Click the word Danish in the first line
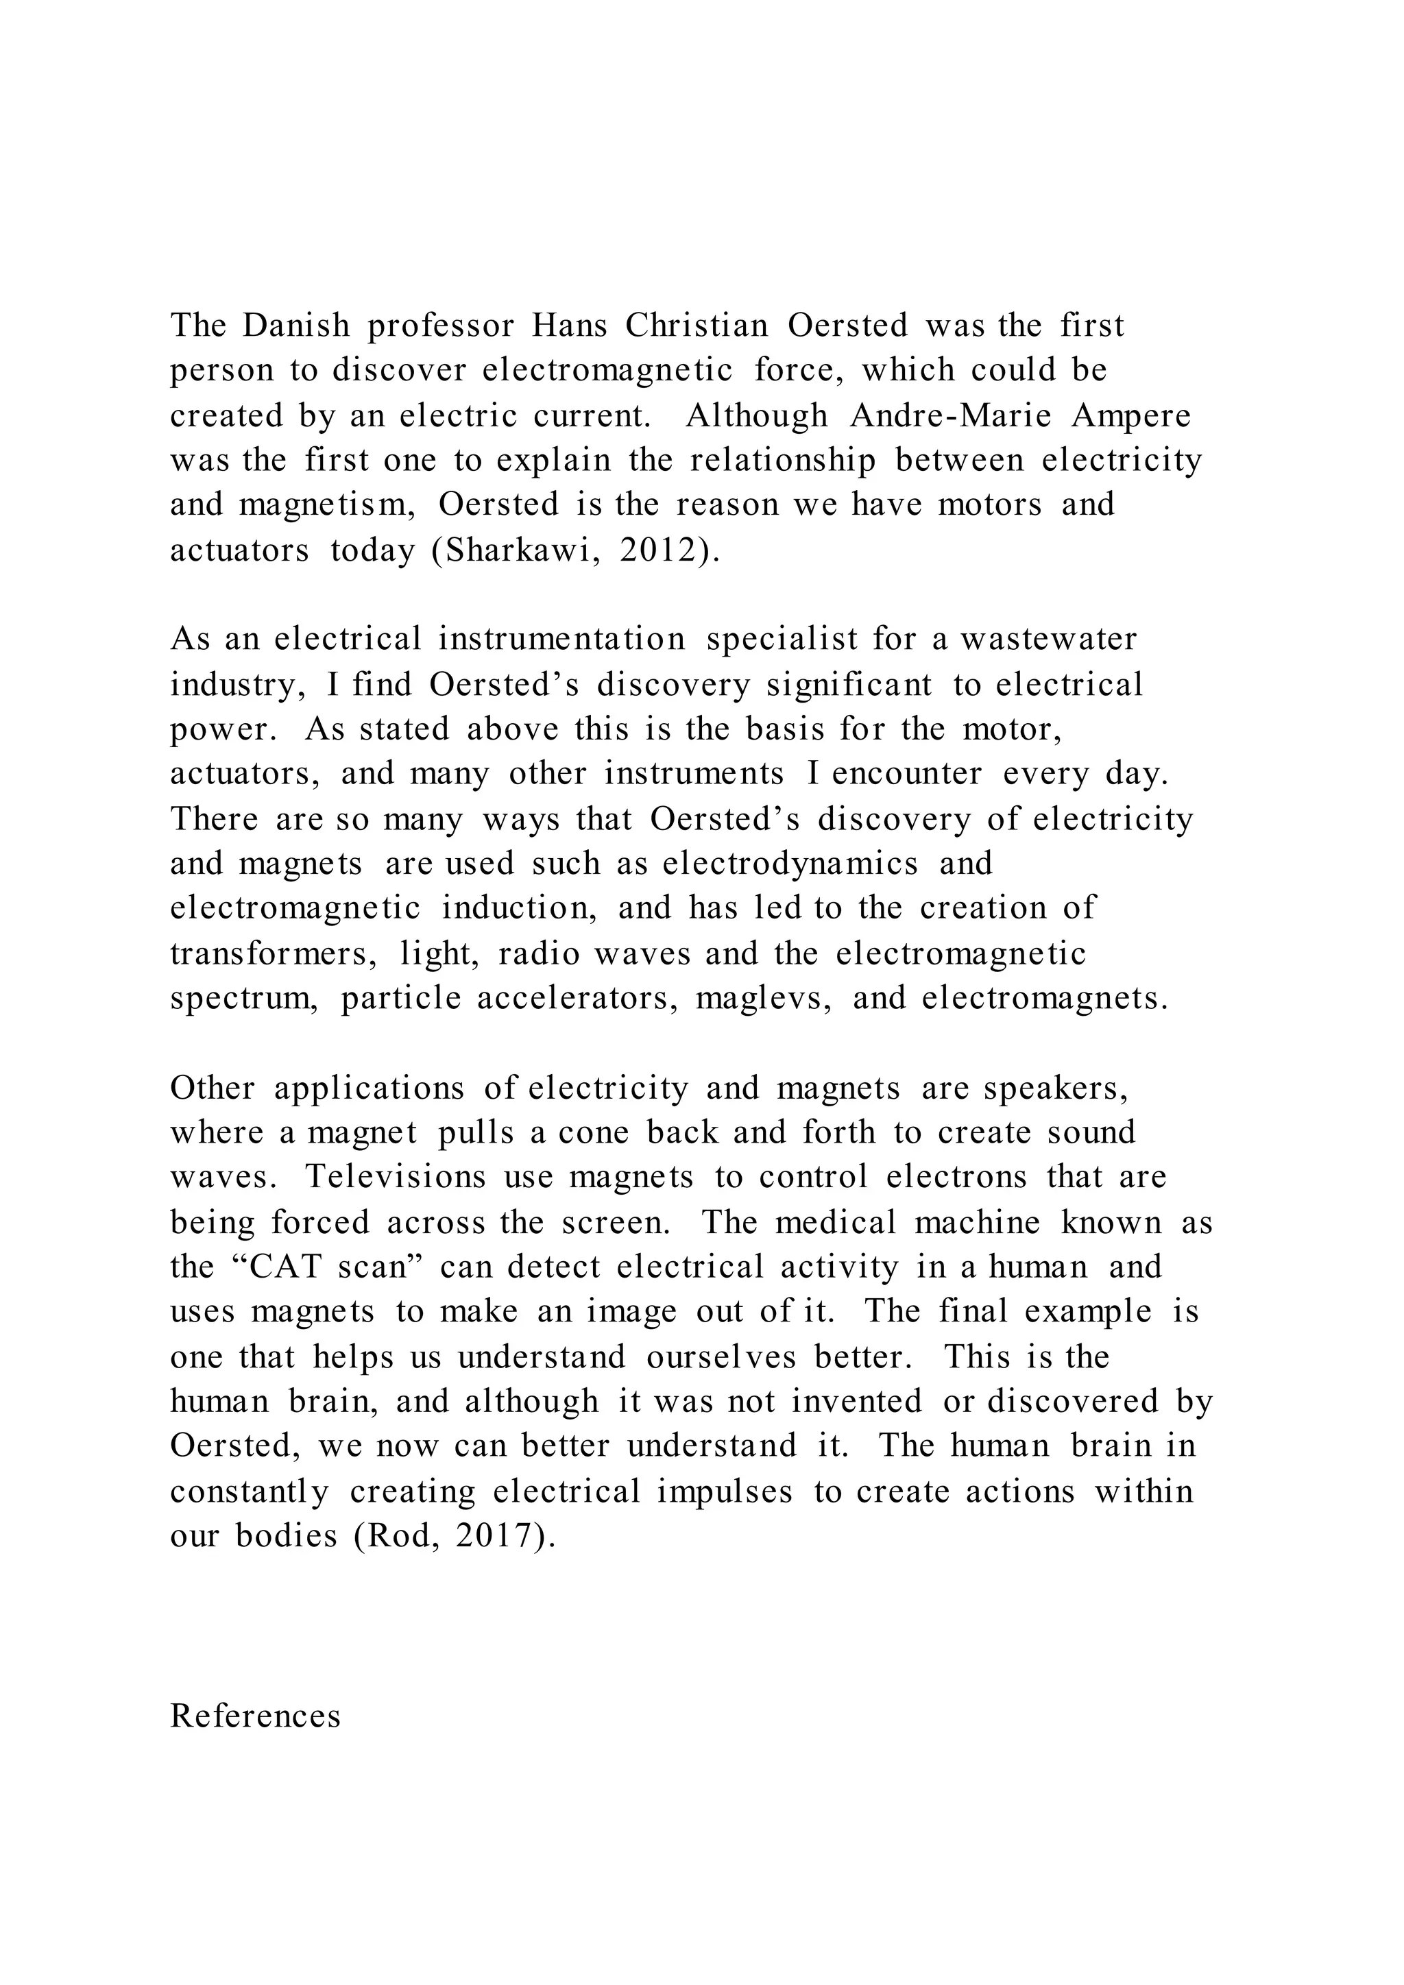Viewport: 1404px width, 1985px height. pyautogui.click(x=295, y=326)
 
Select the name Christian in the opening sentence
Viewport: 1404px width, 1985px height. pyautogui.click(x=697, y=326)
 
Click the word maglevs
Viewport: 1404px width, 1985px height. pyautogui.click(x=764, y=999)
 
